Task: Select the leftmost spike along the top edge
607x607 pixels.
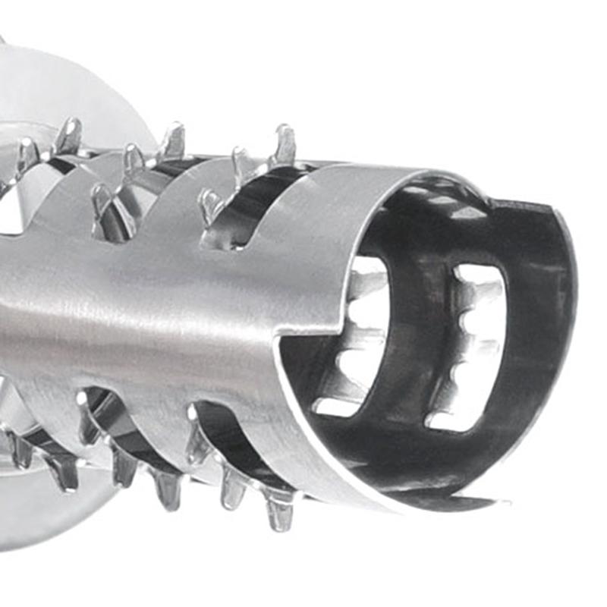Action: click(27, 155)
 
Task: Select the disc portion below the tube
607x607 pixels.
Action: click(46, 516)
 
